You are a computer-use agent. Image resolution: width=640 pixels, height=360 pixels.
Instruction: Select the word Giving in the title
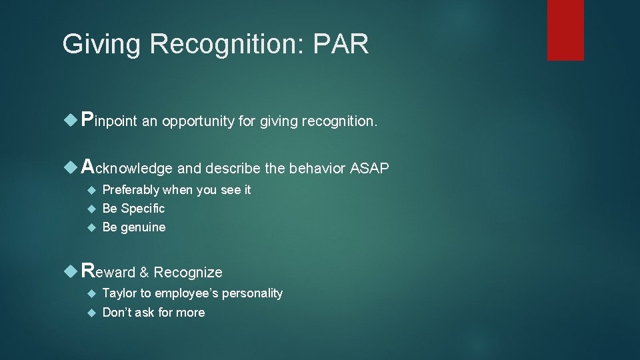pos(102,45)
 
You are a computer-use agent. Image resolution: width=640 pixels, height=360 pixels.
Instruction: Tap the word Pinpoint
pos(109,121)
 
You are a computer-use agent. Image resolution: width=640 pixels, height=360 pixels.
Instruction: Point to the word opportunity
pos(198,122)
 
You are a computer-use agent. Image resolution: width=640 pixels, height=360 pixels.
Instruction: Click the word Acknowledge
pos(127,168)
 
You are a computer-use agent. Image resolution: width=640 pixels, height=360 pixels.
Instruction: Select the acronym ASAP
pos(369,168)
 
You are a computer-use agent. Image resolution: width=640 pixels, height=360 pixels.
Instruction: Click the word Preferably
pos(131,190)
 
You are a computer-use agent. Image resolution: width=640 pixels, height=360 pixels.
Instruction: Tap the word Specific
pos(143,209)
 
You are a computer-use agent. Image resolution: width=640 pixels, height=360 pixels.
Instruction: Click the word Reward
pos(108,271)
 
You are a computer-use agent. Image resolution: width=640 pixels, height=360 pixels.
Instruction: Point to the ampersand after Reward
pos(144,272)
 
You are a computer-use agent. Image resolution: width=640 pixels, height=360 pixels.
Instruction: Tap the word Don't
pos(117,313)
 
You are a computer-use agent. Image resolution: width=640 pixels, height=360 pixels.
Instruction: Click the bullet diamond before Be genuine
pos(92,227)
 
